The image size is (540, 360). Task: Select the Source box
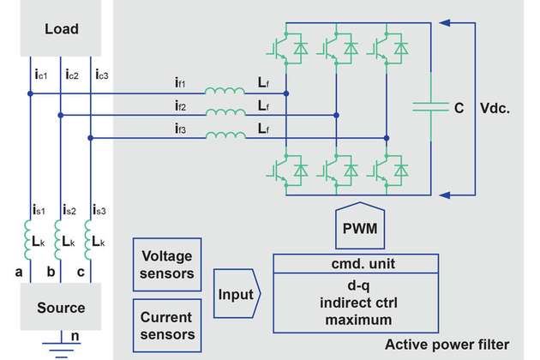click(x=62, y=307)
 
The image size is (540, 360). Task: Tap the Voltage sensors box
click(x=165, y=266)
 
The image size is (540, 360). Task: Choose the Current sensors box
click(x=165, y=325)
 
